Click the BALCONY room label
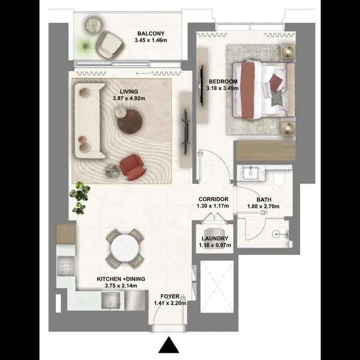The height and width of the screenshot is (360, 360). pyautogui.click(x=151, y=33)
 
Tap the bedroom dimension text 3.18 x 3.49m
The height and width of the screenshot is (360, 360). pyautogui.click(x=222, y=88)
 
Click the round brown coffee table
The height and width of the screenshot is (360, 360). pyautogui.click(x=130, y=121)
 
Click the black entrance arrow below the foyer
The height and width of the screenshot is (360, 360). pyautogui.click(x=169, y=344)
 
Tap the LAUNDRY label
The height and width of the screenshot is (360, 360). pyautogui.click(x=215, y=238)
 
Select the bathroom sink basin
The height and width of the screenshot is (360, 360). pyautogui.click(x=251, y=173)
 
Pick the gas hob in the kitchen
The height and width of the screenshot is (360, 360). pyautogui.click(x=66, y=266)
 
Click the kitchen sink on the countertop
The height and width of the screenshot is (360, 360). pyautogui.click(x=110, y=301)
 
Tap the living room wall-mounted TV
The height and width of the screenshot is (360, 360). pyautogui.click(x=186, y=130)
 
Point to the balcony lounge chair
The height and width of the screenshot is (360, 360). pyautogui.click(x=110, y=45)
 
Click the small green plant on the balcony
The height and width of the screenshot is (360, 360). pyautogui.click(x=85, y=46)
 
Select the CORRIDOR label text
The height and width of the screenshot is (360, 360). pyautogui.click(x=213, y=199)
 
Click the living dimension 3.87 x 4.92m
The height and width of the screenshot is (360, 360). pyautogui.click(x=129, y=99)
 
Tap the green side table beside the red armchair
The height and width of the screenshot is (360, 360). pyautogui.click(x=112, y=171)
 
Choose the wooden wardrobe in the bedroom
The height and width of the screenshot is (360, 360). pyautogui.click(x=266, y=151)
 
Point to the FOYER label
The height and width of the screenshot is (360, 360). pyautogui.click(x=170, y=297)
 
